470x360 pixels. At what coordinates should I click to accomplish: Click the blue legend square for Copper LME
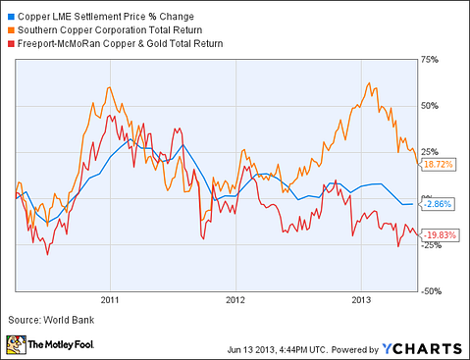tap(10, 18)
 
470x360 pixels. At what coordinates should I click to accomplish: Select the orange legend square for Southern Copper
tap(10, 30)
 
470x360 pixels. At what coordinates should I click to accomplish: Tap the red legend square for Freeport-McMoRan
tap(10, 43)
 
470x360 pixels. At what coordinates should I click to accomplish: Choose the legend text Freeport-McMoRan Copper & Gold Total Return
tap(122, 43)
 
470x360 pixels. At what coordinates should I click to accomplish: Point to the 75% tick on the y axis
tap(430, 59)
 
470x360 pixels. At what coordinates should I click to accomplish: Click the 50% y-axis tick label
tap(430, 106)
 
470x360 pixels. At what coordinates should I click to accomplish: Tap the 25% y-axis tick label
tap(430, 152)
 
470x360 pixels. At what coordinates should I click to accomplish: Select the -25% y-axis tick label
tap(432, 245)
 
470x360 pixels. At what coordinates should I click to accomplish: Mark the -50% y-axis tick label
tap(432, 291)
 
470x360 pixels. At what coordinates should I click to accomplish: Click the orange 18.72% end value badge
tap(439, 165)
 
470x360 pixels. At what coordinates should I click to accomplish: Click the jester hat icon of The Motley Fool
tap(17, 345)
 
